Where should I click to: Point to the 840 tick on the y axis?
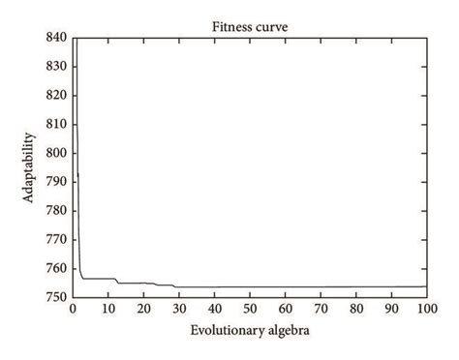pyautogui.click(x=56, y=37)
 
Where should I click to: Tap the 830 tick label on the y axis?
pyautogui.click(x=56, y=66)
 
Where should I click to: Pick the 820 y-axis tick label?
pyautogui.click(x=56, y=95)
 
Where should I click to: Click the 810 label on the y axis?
pyautogui.click(x=56, y=124)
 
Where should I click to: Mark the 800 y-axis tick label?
pyautogui.click(x=56, y=153)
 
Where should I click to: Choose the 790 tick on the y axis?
pyautogui.click(x=56, y=182)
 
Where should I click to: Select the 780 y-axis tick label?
pyautogui.click(x=56, y=210)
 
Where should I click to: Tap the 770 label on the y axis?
pyautogui.click(x=56, y=239)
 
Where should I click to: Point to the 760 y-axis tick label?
pyautogui.click(x=56, y=268)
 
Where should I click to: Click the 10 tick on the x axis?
pyautogui.click(x=108, y=310)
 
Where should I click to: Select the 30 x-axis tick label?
pyautogui.click(x=179, y=310)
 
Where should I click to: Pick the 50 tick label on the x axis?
pyautogui.click(x=250, y=310)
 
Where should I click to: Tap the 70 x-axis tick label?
pyautogui.click(x=321, y=310)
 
